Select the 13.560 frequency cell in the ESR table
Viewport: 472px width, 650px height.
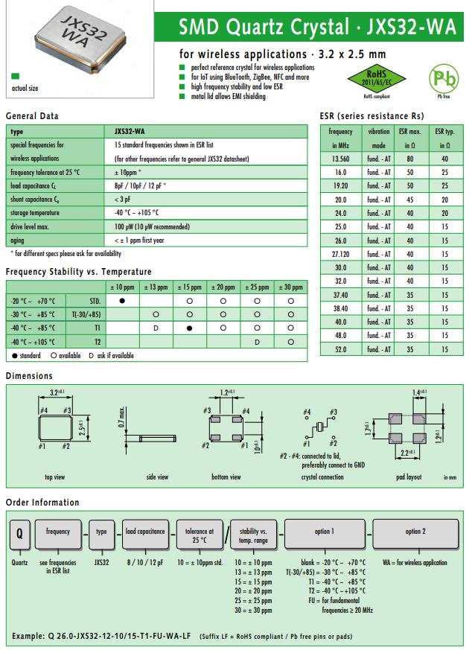339,159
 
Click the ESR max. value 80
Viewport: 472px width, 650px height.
409,159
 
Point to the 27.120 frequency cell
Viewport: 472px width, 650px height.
339,254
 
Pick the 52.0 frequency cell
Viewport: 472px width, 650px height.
339,349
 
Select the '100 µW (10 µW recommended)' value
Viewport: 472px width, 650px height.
151,226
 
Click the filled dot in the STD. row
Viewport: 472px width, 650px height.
122,300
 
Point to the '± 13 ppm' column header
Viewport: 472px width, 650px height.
156,287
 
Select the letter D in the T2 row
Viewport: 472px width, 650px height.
257,341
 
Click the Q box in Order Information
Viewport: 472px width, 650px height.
19,533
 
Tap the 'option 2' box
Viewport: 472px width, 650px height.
415,532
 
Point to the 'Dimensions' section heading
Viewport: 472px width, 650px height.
29,376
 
